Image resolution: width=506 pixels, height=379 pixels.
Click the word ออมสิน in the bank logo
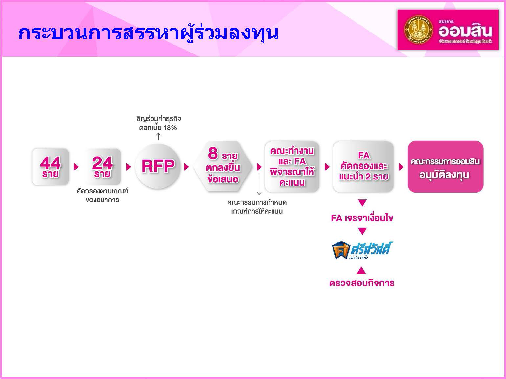tap(465, 31)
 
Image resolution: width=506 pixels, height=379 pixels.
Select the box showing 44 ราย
tap(51, 167)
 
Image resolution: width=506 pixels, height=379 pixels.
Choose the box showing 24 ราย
tap(102, 167)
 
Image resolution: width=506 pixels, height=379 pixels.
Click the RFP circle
tap(158, 166)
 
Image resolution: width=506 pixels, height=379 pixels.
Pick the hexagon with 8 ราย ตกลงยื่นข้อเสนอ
tap(222, 167)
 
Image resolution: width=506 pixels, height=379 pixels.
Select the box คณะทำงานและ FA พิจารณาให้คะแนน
tap(292, 167)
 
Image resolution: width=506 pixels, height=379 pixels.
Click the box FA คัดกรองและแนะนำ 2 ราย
tap(363, 167)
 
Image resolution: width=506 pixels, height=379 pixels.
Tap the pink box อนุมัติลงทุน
tap(445, 167)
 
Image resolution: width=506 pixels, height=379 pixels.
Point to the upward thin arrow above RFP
tap(158, 137)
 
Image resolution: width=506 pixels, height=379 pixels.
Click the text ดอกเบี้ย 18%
tap(158, 128)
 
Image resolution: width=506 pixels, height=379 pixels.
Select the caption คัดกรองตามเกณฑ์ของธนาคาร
tap(102, 195)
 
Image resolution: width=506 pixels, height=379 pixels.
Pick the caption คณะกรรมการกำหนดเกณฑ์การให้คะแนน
tap(257, 207)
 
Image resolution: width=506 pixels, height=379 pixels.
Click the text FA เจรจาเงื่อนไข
tap(362, 218)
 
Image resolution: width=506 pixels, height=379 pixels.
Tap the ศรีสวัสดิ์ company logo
tap(362, 250)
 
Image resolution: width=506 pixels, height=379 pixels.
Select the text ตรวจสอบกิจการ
tap(362, 283)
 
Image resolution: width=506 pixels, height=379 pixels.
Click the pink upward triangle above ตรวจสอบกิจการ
tap(361, 270)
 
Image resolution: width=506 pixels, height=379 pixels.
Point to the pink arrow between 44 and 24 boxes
tap(76, 167)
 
